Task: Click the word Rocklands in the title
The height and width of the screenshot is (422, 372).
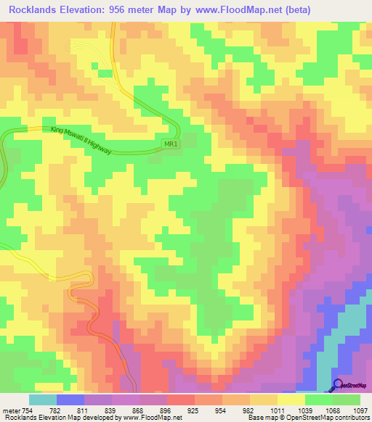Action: click(x=34, y=9)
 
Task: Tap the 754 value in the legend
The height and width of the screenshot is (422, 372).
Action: click(x=27, y=410)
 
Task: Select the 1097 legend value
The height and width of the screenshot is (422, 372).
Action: click(x=361, y=410)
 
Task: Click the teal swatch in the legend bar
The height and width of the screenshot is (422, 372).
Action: click(x=43, y=400)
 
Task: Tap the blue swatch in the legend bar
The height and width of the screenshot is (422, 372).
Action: click(x=70, y=400)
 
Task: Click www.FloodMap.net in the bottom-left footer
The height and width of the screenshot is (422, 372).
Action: click(x=151, y=418)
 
